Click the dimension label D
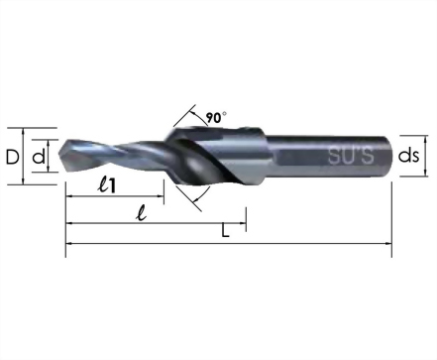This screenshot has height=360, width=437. click(x=13, y=157)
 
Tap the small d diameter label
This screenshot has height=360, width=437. click(x=39, y=156)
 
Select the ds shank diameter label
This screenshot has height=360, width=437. click(x=408, y=156)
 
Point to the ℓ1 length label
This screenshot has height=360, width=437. click(x=107, y=184)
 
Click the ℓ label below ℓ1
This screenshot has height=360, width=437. click(x=142, y=212)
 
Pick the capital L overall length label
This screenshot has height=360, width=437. click(x=225, y=231)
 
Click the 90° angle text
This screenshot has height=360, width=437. click(x=216, y=117)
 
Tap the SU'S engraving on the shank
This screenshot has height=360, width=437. click(x=351, y=156)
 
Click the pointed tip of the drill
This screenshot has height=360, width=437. click(x=59, y=155)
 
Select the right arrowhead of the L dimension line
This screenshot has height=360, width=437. click(x=388, y=244)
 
